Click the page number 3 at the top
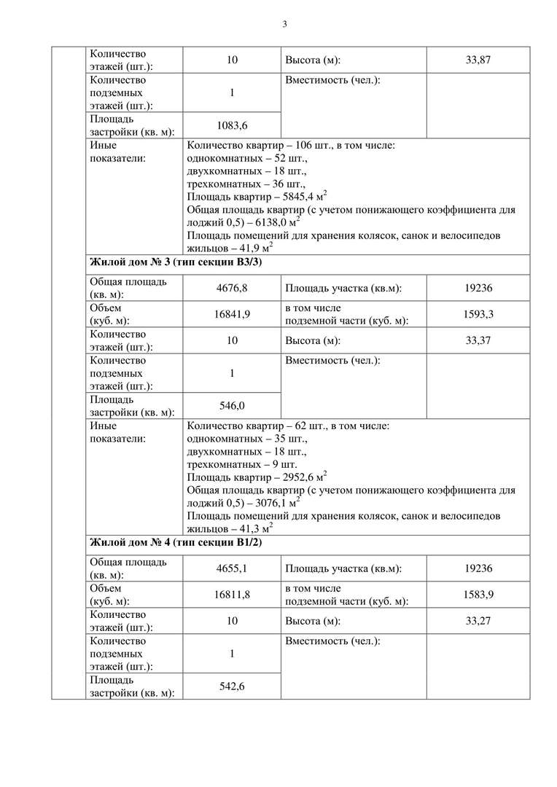(x=285, y=24)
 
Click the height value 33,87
(x=478, y=60)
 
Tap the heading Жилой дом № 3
(x=175, y=262)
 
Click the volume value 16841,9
(x=232, y=314)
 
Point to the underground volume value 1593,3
(x=478, y=314)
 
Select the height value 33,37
(x=478, y=340)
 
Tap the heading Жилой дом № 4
(x=175, y=543)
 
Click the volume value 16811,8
(x=232, y=595)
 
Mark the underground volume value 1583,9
(x=478, y=595)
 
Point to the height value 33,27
(x=478, y=621)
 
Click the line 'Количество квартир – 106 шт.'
(x=290, y=145)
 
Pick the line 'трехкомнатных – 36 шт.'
(x=246, y=184)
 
